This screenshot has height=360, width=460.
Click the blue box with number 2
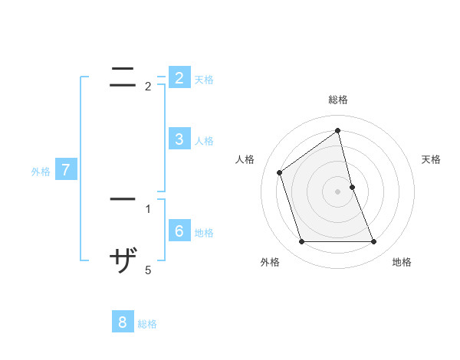pyautogui.click(x=179, y=78)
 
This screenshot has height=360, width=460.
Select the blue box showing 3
pyautogui.click(x=179, y=139)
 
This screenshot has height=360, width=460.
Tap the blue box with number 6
pyautogui.click(x=179, y=231)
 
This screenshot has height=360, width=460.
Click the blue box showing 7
pyautogui.click(x=66, y=170)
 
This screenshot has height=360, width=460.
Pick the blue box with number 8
pyautogui.click(x=123, y=322)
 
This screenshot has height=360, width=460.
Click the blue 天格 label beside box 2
pyautogui.click(x=204, y=80)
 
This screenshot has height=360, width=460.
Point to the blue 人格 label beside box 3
pyautogui.click(x=204, y=141)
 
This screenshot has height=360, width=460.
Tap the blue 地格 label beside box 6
pyautogui.click(x=204, y=233)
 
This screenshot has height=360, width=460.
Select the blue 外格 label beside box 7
pyautogui.click(x=41, y=172)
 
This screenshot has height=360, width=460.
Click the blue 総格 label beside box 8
pyautogui.click(x=147, y=324)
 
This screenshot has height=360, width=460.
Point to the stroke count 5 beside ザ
pyautogui.click(x=148, y=270)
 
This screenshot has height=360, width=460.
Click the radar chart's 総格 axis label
pyautogui.click(x=338, y=100)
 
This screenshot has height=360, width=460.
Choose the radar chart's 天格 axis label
pyautogui.click(x=431, y=159)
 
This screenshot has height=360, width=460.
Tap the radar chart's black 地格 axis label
pyautogui.click(x=402, y=262)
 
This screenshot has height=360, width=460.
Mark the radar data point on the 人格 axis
pyautogui.click(x=280, y=172)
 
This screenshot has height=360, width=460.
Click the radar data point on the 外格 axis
pyautogui.click(x=301, y=242)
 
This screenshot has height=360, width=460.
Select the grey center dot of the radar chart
pyautogui.click(x=338, y=191)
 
